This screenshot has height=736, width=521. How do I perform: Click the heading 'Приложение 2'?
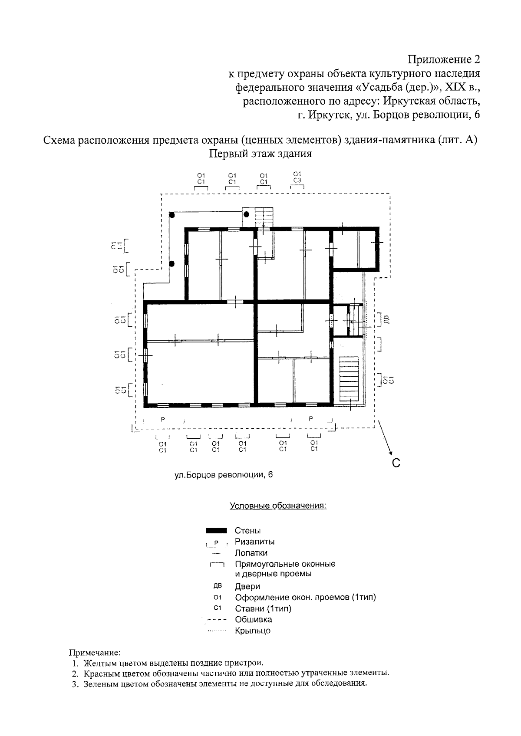coord(444,59)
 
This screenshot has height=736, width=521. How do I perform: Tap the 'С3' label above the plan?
coord(297,180)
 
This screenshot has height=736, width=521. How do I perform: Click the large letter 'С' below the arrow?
coord(396,463)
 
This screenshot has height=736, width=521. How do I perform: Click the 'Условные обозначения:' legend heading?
coord(278,506)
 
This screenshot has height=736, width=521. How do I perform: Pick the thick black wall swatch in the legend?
coord(216,530)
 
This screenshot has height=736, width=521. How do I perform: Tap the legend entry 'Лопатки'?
coord(251,553)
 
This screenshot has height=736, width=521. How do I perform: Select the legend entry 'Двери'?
coord(247,586)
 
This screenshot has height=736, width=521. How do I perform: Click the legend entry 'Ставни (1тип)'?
coord(263,608)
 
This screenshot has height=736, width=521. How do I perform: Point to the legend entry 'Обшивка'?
coord(254,619)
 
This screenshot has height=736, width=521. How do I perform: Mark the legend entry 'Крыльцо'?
coord(253,631)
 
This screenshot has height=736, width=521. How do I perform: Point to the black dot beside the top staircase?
coord(247,214)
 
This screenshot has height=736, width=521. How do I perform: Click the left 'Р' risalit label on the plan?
coord(163,419)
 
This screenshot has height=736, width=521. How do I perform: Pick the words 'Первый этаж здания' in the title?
coord(260,154)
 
